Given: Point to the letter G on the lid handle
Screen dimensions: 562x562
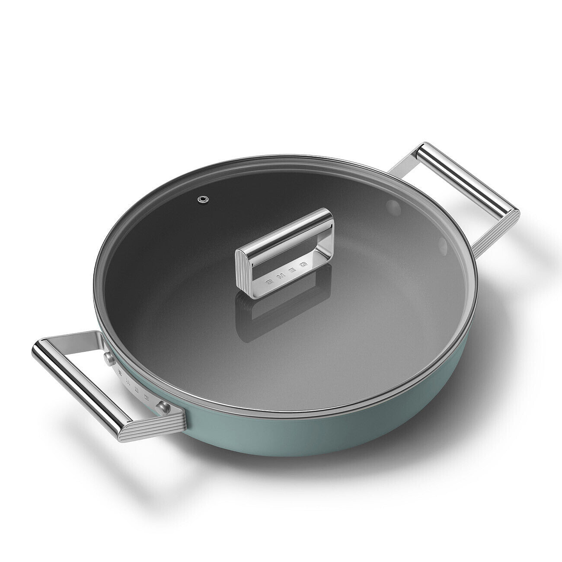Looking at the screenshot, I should coord(303,262).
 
